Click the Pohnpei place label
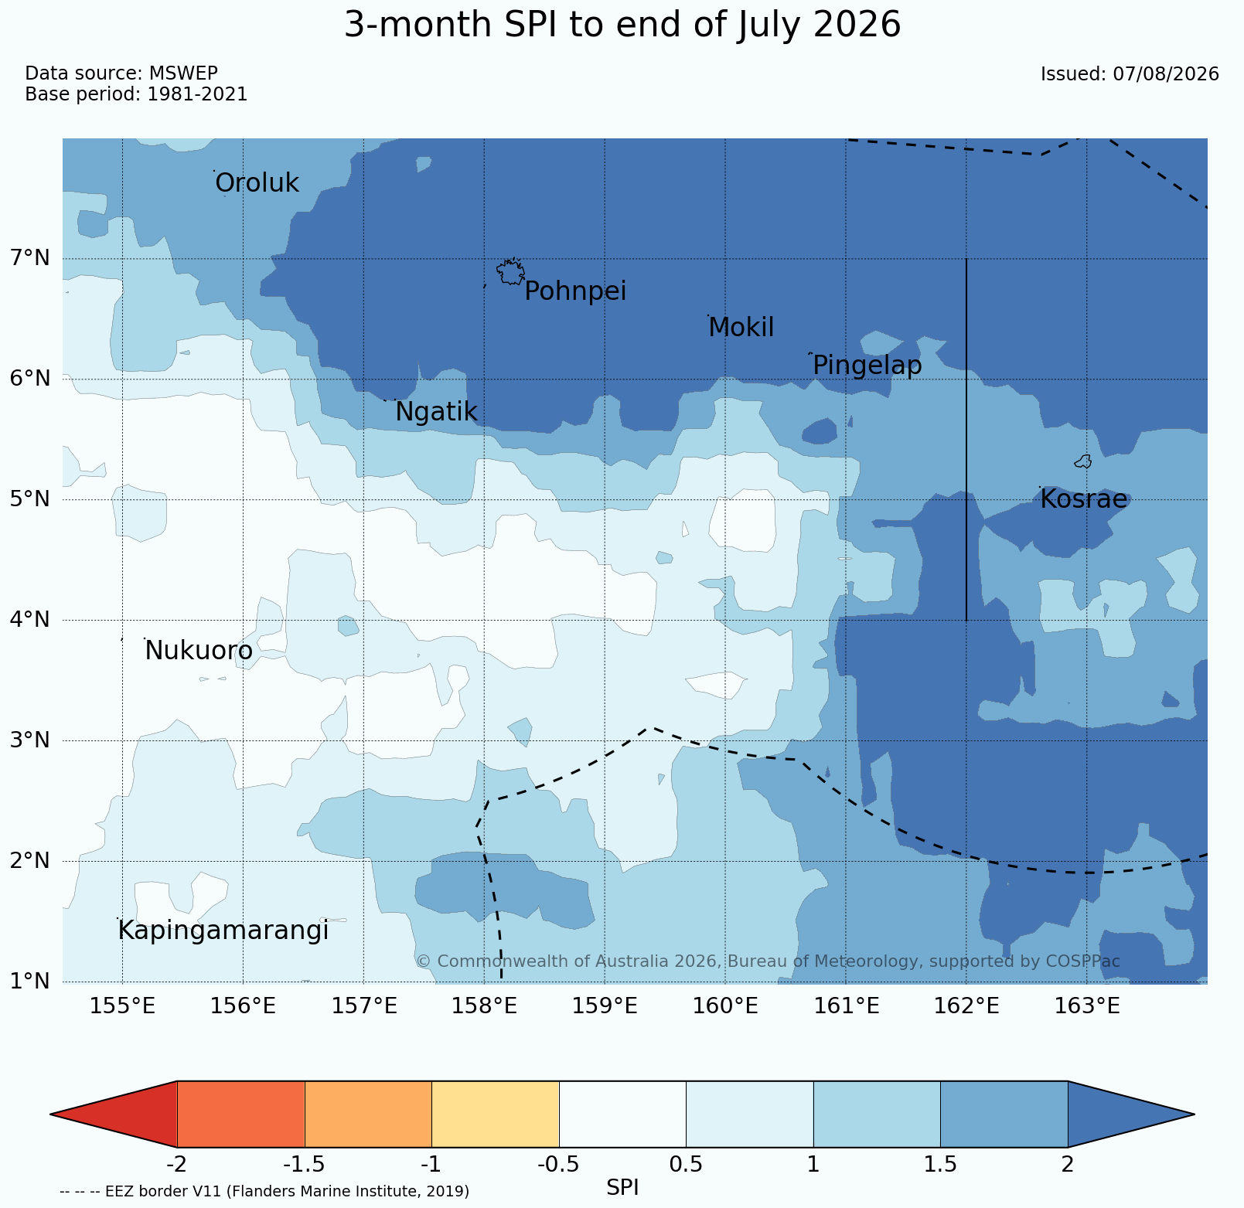(575, 292)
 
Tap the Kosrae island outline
(1083, 461)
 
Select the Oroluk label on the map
(257, 184)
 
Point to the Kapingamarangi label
(223, 931)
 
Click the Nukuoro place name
(199, 652)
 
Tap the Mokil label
(741, 328)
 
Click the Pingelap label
(867, 366)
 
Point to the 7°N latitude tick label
(30, 258)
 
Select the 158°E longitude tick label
(484, 1006)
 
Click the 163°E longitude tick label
(1087, 1006)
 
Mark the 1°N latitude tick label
(30, 982)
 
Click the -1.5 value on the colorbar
(305, 1164)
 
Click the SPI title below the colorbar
(622, 1187)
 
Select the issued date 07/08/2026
(1166, 74)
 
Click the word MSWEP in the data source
(183, 73)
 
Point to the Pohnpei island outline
(510, 271)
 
